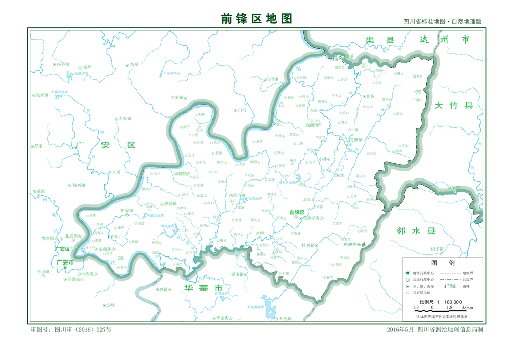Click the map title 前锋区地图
pos(257,18)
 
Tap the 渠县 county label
pos(380,40)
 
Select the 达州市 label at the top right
pos(444,40)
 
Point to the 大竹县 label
pos(454,106)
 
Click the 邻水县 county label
pos(416,230)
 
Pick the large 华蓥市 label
pos(203,289)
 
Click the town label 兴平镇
pos(64,64)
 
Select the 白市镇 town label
pos(271,79)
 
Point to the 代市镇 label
pos(239,195)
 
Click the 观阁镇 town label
pos(312,124)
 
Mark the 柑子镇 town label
pos(438,249)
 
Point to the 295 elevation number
pos(121,258)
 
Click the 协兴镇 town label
pos(79,185)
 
